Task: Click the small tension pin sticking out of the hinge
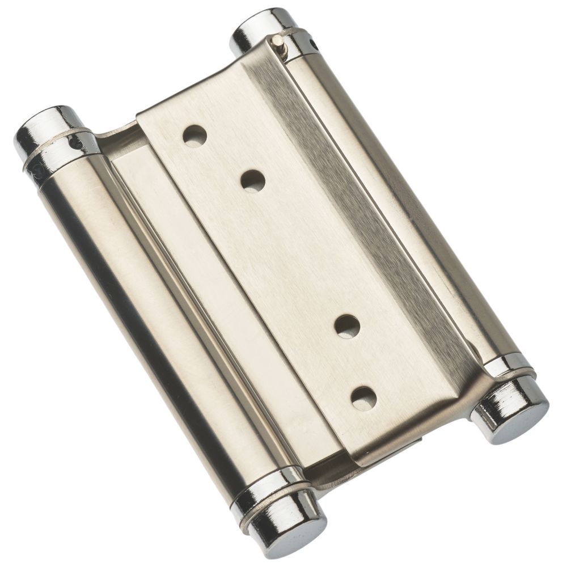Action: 277,41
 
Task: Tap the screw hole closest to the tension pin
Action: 194,136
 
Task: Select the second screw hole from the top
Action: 253,181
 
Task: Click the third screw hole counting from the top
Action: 347,327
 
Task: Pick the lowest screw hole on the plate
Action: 363,398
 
